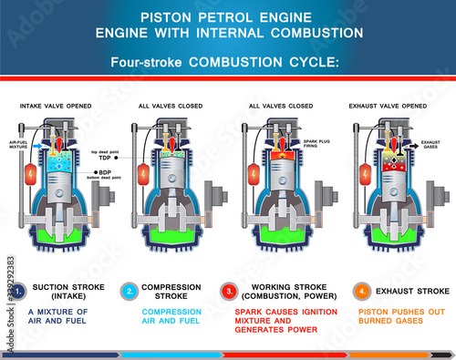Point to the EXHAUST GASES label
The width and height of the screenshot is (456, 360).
[431, 144]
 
